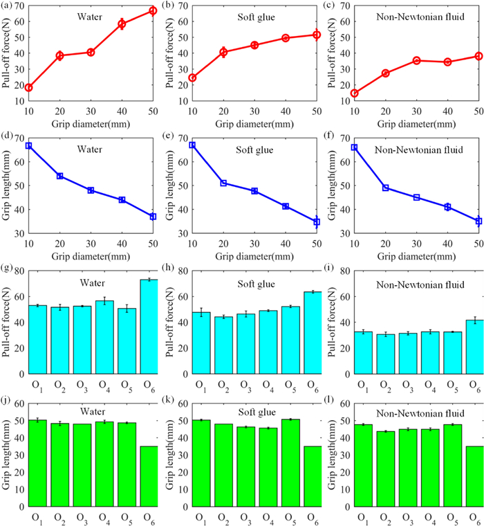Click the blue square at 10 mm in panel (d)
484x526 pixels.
tap(28, 145)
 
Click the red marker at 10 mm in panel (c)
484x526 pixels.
tap(355, 93)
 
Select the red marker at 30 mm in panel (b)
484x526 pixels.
tap(254, 45)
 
